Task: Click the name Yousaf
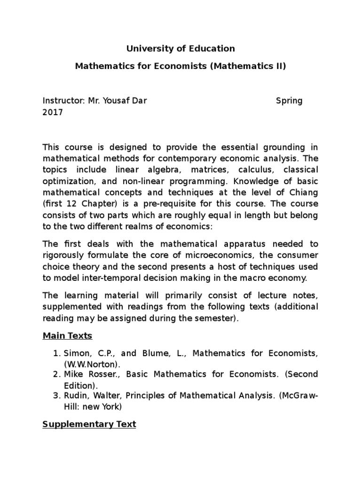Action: point(118,101)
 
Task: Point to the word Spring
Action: point(289,101)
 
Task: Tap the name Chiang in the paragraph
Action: point(304,193)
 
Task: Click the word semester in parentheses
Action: point(215,318)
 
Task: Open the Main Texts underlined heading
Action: point(67,336)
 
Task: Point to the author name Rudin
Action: point(75,396)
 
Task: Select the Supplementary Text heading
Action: point(89,424)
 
